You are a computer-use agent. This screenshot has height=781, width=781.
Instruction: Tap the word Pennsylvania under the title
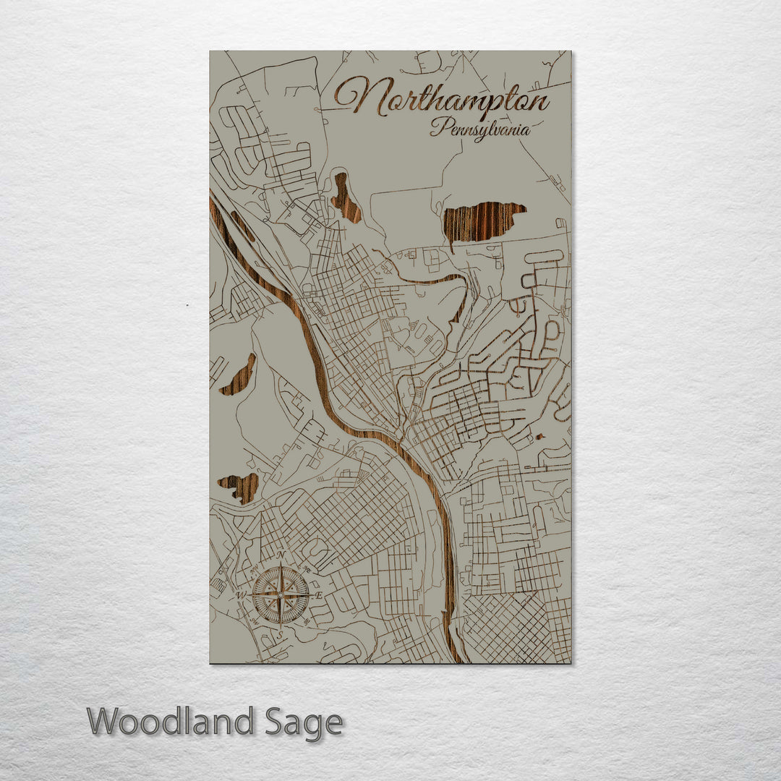[480, 130]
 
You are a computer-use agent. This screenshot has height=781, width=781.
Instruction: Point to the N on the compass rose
[280, 555]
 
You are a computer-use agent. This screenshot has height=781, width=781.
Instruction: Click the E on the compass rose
[319, 594]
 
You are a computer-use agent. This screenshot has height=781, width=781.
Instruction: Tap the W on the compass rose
[241, 595]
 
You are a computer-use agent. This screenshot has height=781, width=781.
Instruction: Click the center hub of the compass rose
[280, 594]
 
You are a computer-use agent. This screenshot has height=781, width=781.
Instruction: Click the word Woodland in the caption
[171, 722]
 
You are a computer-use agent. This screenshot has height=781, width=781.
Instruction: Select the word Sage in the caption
[303, 722]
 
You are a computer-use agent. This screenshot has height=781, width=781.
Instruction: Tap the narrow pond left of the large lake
[346, 198]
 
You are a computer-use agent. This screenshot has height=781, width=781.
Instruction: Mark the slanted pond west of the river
[239, 375]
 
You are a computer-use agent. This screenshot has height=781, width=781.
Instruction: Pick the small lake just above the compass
[240, 487]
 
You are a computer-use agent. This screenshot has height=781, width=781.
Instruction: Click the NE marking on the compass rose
[307, 568]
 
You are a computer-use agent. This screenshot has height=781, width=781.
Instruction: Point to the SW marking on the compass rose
[253, 621]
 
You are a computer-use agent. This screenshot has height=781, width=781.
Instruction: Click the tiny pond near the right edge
[539, 436]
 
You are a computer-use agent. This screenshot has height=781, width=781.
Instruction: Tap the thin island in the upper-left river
[242, 226]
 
